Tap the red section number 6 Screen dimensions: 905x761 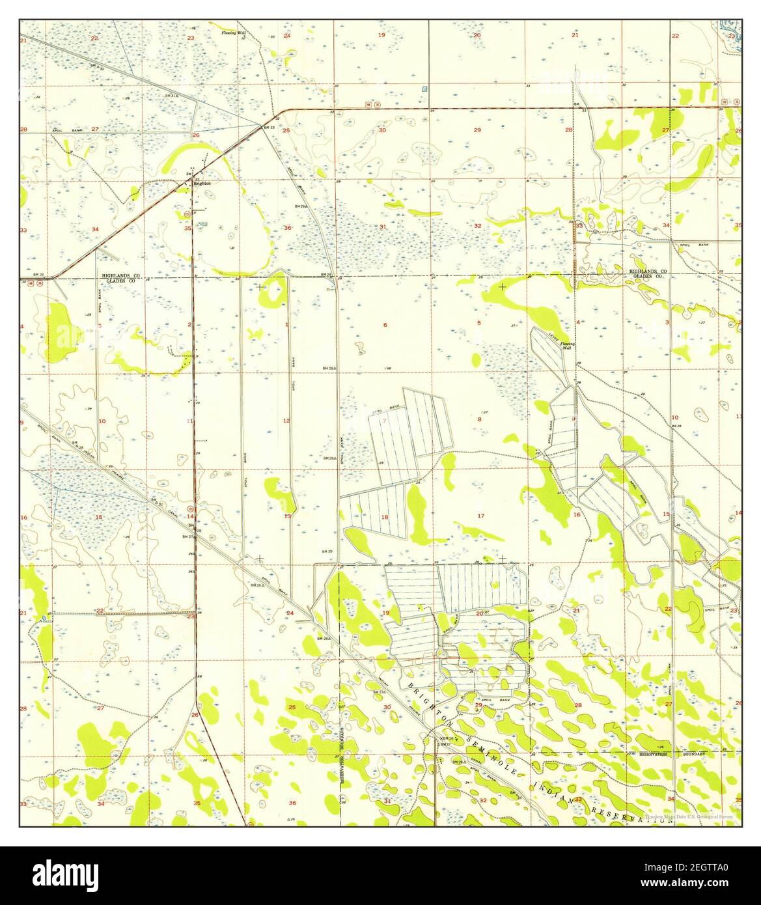(x=385, y=325)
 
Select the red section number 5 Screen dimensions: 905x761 (x=479, y=323)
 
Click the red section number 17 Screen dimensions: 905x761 (x=481, y=516)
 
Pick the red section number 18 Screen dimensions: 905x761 (x=385, y=517)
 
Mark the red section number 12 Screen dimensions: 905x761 (x=286, y=421)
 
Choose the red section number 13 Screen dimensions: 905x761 (x=287, y=516)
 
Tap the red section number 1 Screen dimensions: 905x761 (x=286, y=324)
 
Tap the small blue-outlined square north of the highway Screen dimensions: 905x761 (x=425, y=89)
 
